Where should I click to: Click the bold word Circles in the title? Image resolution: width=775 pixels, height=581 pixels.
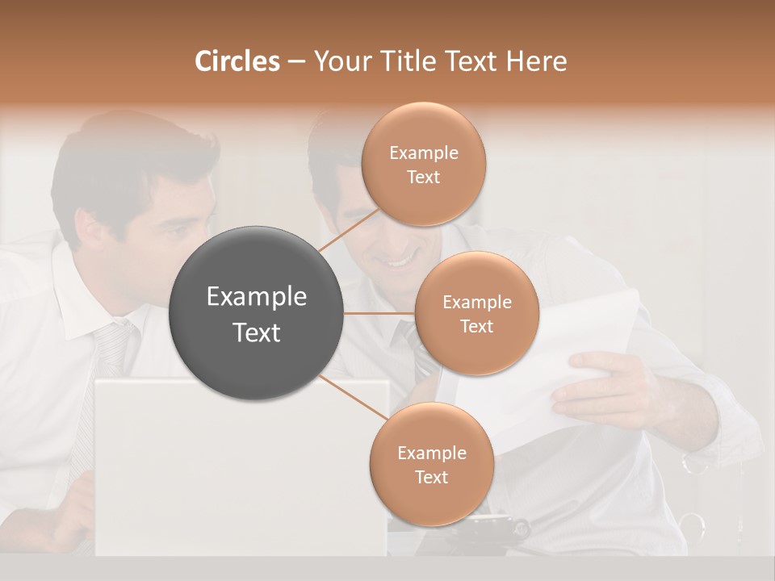(237, 61)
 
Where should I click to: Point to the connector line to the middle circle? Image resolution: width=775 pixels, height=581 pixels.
(379, 313)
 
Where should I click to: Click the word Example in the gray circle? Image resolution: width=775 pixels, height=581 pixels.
(257, 297)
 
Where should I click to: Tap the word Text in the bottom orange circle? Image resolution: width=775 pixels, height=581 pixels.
(431, 477)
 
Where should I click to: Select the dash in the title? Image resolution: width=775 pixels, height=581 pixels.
(296, 61)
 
